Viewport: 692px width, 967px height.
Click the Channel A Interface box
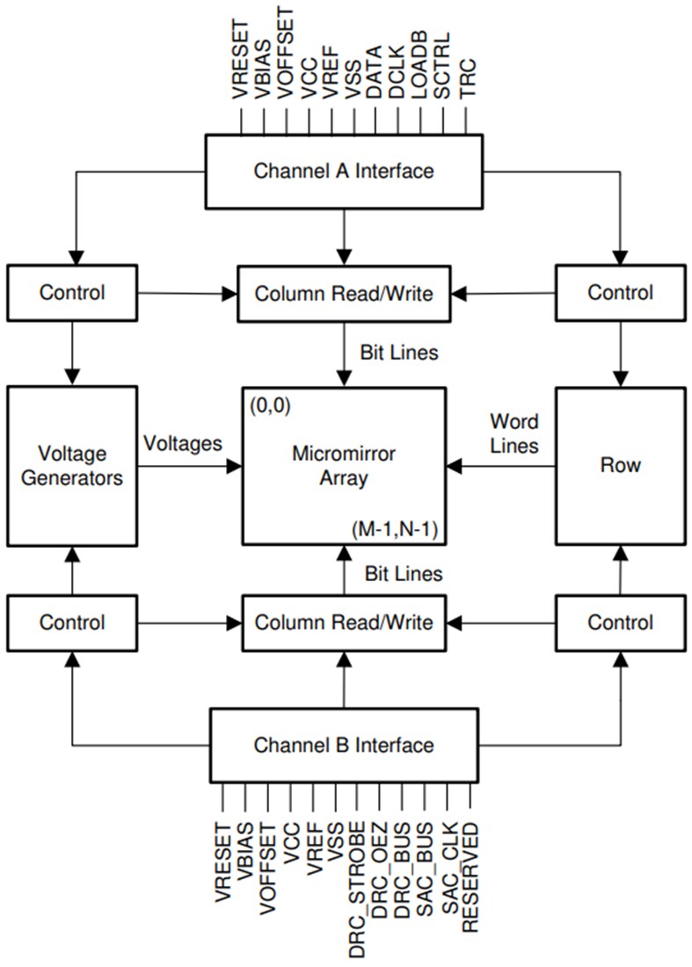click(x=344, y=171)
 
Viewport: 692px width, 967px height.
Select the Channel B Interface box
click(x=344, y=745)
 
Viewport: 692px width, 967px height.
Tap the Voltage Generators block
click(x=72, y=466)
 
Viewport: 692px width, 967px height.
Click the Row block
click(x=621, y=466)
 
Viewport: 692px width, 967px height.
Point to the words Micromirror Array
click(x=343, y=466)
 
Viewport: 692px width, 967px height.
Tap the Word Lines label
click(x=514, y=433)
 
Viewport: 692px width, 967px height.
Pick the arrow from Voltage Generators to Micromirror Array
click(x=188, y=466)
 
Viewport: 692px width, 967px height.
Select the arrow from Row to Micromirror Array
click(x=501, y=466)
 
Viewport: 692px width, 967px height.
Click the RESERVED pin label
click(x=471, y=876)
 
